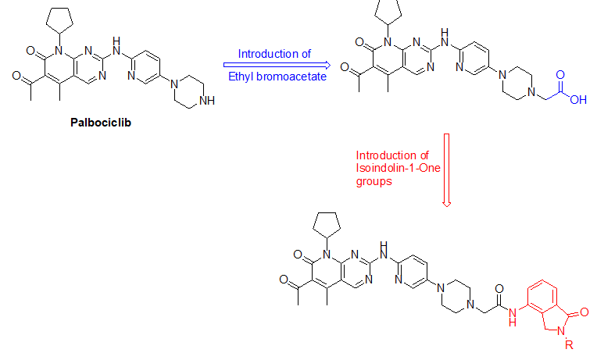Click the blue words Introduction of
(x=274, y=54)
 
